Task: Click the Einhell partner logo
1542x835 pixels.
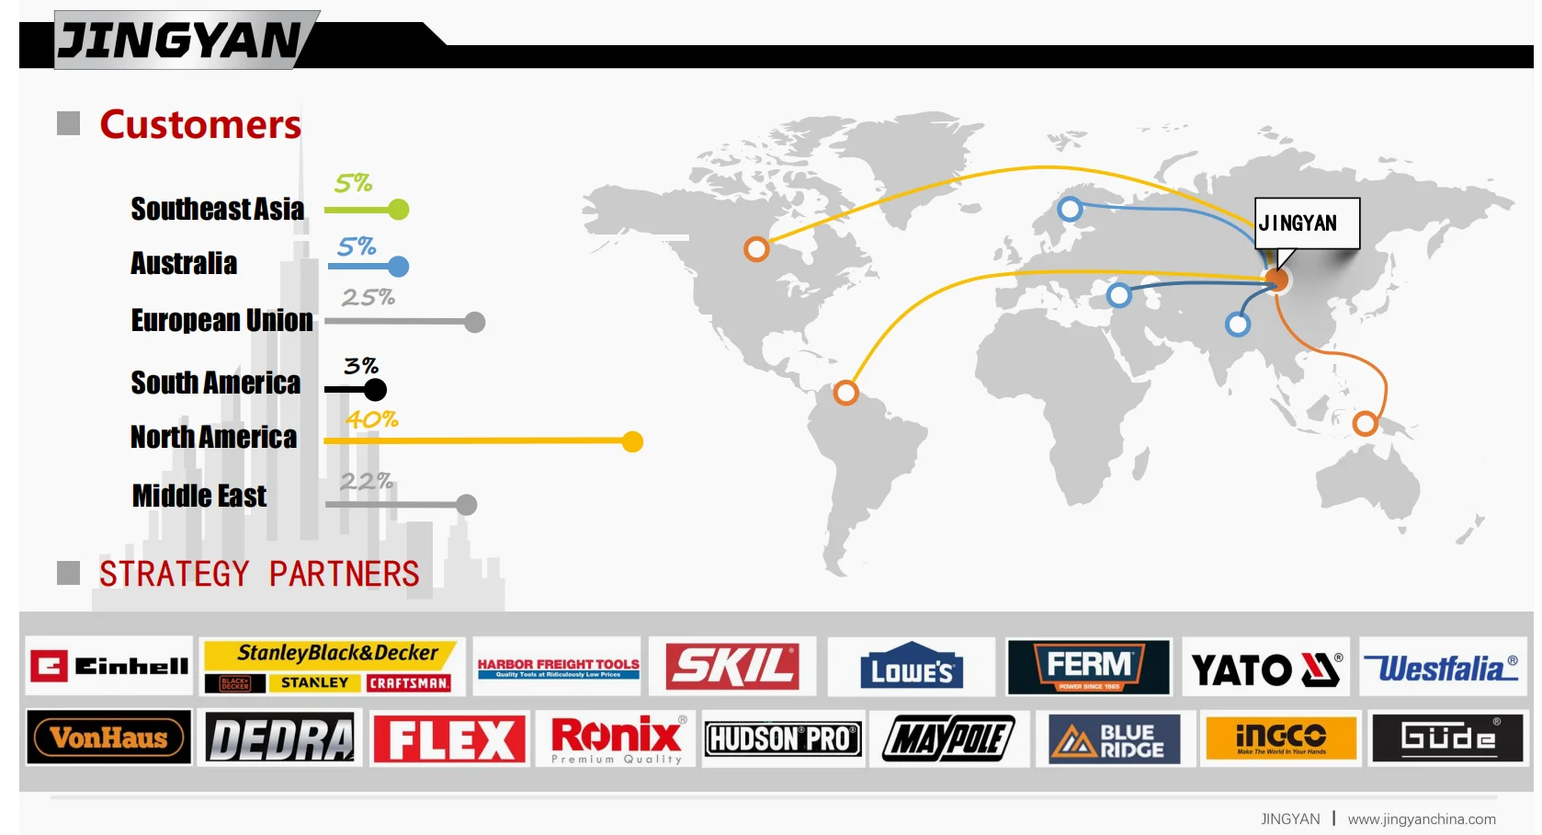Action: [x=109, y=666]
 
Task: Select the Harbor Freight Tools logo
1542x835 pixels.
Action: [x=558, y=667]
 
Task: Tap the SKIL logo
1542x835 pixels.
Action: [x=732, y=667]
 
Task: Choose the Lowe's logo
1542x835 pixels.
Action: [x=912, y=667]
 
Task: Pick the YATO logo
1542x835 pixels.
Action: [x=1265, y=669]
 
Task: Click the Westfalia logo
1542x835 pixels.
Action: [x=1441, y=668]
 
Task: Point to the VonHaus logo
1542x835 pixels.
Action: [x=109, y=738]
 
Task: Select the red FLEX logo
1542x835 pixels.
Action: [x=449, y=738]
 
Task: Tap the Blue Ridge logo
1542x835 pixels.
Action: [x=1114, y=739]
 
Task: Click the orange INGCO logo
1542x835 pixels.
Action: [x=1281, y=738]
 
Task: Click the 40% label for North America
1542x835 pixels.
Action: [x=371, y=420]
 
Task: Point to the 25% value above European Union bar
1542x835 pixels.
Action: [x=368, y=298]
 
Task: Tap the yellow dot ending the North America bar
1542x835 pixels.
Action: [x=632, y=442]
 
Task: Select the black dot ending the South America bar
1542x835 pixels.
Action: [x=375, y=390]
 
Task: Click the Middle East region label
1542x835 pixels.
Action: [x=199, y=497]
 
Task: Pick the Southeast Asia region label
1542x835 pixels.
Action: [x=217, y=210]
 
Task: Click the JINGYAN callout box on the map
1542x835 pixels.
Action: [x=1307, y=223]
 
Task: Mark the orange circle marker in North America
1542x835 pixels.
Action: [x=756, y=249]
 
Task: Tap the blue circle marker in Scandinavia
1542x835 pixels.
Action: [x=1070, y=209]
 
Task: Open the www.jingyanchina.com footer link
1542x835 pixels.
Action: [x=1422, y=819]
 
